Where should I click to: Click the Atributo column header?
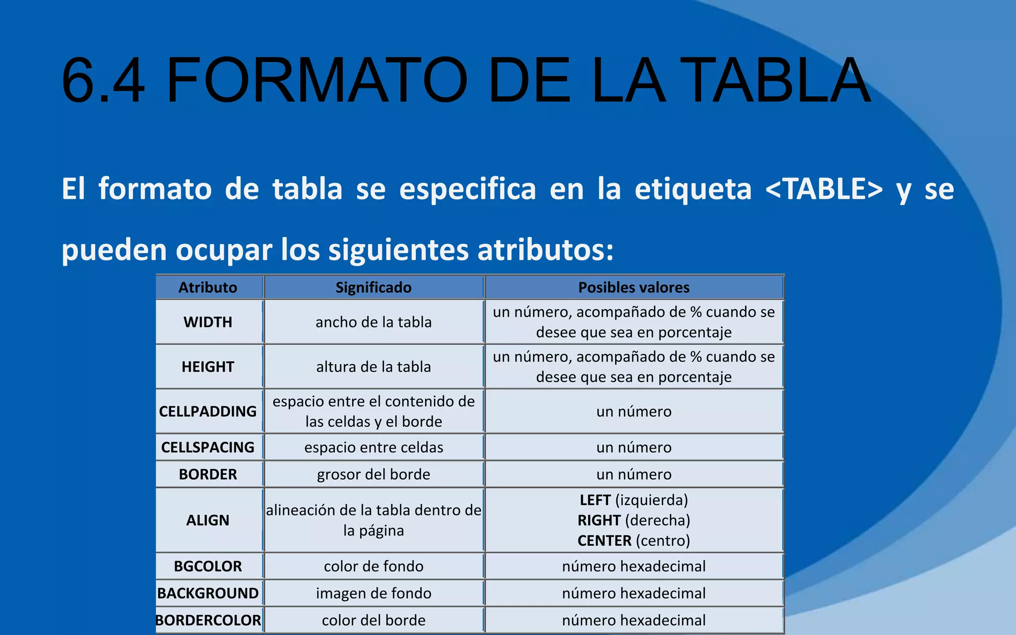pyautogui.click(x=208, y=287)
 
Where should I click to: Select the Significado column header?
pyautogui.click(x=374, y=287)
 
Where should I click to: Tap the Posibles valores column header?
pyautogui.click(x=634, y=287)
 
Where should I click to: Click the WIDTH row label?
pyautogui.click(x=208, y=322)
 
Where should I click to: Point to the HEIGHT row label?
pyautogui.click(x=208, y=367)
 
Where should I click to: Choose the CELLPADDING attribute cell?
pyautogui.click(x=208, y=411)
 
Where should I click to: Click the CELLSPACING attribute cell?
pyautogui.click(x=208, y=447)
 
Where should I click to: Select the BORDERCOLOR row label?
pyautogui.click(x=208, y=620)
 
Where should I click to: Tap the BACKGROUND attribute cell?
pyautogui.click(x=208, y=593)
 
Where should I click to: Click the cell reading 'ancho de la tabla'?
pyautogui.click(x=374, y=322)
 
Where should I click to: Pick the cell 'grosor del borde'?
pyautogui.click(x=374, y=474)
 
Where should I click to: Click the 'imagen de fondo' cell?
pyautogui.click(x=374, y=593)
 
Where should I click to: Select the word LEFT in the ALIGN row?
pyautogui.click(x=595, y=500)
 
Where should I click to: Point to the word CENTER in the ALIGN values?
pyautogui.click(x=604, y=540)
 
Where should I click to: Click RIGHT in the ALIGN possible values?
pyautogui.click(x=599, y=520)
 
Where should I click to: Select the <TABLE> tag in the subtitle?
pyautogui.click(x=824, y=189)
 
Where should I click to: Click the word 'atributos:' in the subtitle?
pyautogui.click(x=546, y=249)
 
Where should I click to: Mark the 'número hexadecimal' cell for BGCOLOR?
pyautogui.click(x=634, y=566)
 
